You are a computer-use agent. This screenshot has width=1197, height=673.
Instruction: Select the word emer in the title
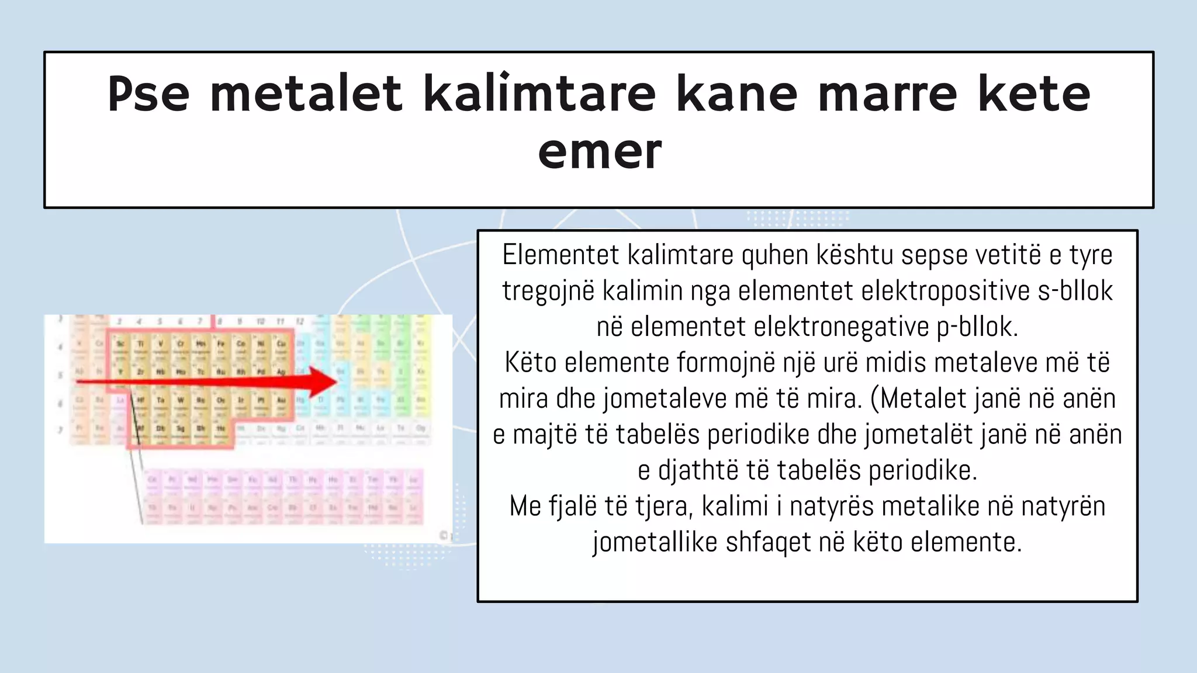click(x=600, y=151)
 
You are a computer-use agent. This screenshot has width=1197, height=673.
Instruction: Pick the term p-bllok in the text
click(x=977, y=327)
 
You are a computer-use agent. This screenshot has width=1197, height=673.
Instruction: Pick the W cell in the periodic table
click(x=181, y=401)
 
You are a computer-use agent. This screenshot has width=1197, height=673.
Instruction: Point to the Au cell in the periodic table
click(x=281, y=401)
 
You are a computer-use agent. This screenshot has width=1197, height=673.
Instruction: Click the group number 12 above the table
click(x=300, y=321)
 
